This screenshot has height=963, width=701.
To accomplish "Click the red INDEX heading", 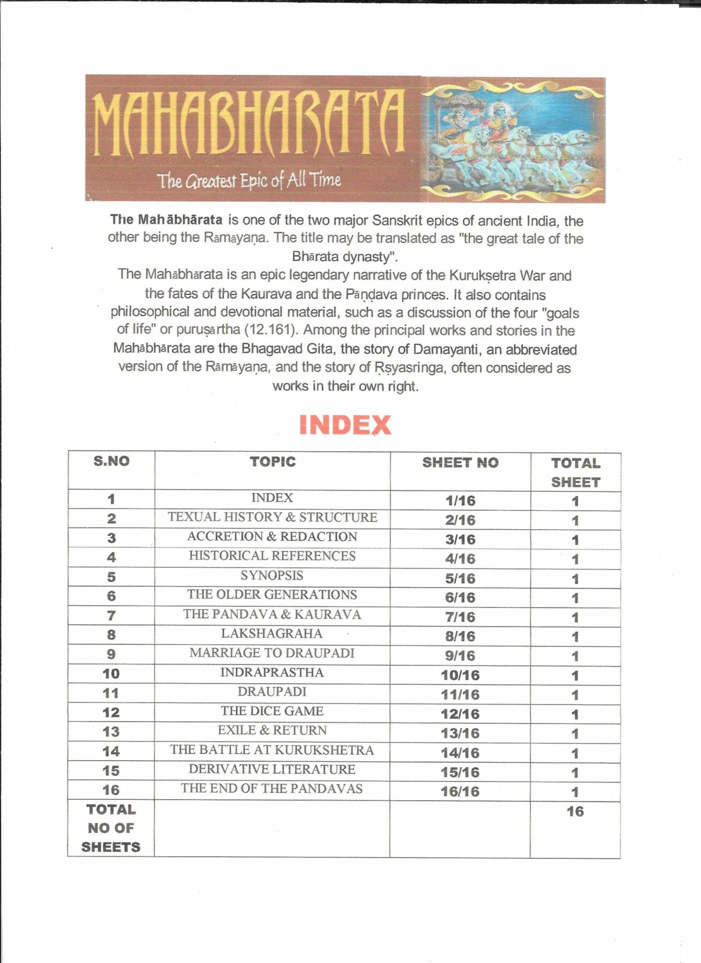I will (x=345, y=425).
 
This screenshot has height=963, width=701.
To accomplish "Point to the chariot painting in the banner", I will (x=513, y=140).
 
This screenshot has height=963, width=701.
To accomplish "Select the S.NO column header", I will (x=111, y=461).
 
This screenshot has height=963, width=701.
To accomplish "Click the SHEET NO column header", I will (x=460, y=463).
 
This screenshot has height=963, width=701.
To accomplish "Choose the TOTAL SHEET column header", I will (x=576, y=472).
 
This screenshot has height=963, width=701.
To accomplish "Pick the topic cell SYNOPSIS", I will (x=272, y=576).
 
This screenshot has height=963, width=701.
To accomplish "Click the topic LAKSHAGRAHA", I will (x=272, y=634).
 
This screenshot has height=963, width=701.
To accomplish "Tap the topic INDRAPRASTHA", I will (x=272, y=672).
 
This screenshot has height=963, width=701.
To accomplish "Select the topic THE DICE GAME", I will (x=272, y=711).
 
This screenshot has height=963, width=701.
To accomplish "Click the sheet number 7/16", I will (x=460, y=617).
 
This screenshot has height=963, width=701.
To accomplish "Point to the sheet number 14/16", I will (x=460, y=753).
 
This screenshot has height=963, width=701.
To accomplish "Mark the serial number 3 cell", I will (x=111, y=538).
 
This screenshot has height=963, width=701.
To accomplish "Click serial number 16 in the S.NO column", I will (x=111, y=790).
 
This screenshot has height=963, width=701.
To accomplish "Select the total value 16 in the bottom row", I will (x=575, y=812).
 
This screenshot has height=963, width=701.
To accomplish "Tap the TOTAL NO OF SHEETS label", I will (x=111, y=828).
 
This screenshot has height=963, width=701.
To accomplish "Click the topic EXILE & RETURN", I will (x=272, y=730).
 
